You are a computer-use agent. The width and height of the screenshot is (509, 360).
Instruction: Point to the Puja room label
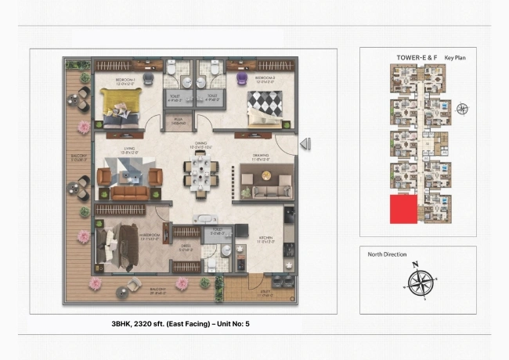pyautogui.click(x=179, y=121)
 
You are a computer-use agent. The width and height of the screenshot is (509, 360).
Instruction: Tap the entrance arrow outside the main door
pyautogui.click(x=306, y=143)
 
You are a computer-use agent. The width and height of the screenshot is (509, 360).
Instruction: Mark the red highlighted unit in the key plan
pyautogui.click(x=403, y=210)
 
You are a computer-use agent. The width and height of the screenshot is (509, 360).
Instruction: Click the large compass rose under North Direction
pyautogui.click(x=421, y=280)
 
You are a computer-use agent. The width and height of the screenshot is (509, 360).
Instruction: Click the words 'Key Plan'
pyautogui.click(x=456, y=58)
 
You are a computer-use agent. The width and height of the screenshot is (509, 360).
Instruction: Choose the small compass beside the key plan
pyautogui.click(x=462, y=109)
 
